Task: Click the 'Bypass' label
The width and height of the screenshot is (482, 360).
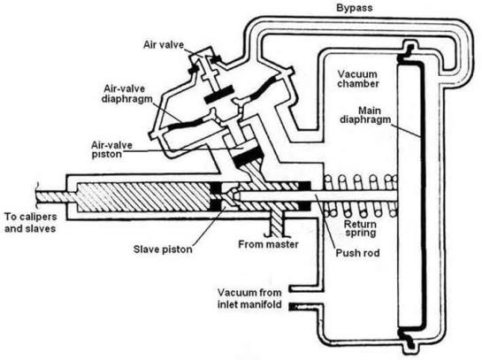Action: point(354,8)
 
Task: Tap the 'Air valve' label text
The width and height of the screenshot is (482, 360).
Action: point(164,45)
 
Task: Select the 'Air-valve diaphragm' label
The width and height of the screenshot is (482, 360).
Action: point(127,94)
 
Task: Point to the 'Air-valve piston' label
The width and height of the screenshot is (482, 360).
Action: point(112,149)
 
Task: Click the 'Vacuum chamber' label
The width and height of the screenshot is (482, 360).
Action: point(358,79)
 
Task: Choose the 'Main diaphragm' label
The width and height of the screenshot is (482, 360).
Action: point(365,115)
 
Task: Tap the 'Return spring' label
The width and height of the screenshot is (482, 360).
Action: point(360,228)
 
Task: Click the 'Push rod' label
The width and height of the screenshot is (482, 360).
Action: point(357,253)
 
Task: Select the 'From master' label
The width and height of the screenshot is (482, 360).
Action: point(268,244)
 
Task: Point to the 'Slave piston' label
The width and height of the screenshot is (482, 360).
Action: point(163,249)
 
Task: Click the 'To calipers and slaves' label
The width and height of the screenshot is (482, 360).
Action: point(30,223)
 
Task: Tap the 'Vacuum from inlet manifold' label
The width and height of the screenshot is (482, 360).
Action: point(249,298)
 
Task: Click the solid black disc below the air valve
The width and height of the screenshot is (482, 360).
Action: point(218,95)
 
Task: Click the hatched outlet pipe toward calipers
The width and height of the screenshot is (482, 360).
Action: point(56,196)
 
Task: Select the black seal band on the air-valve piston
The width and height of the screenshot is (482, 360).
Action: point(249,157)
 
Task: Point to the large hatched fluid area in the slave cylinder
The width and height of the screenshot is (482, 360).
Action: point(143,197)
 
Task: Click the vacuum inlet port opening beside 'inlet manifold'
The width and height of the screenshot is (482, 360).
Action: point(290,298)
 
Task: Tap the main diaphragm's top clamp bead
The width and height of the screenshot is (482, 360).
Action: point(407,51)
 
